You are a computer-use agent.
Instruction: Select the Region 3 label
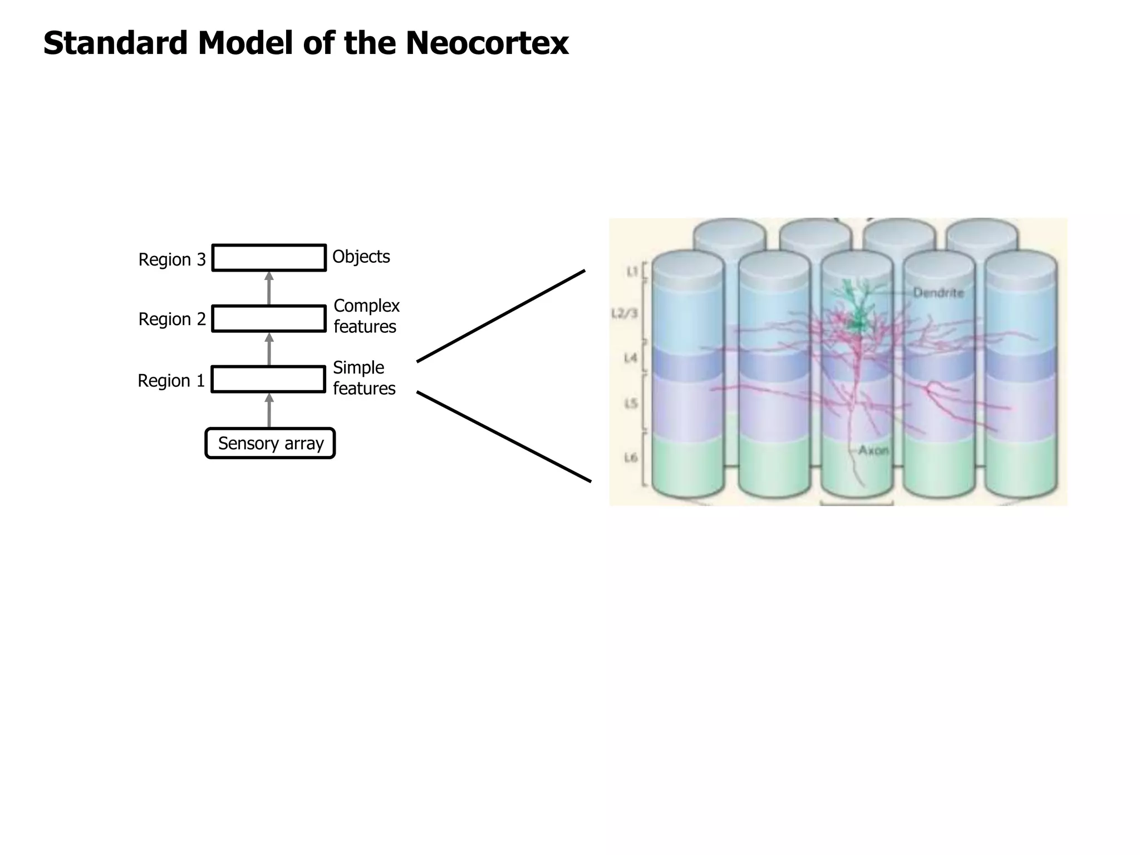click(x=172, y=259)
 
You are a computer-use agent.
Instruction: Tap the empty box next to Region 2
click(x=269, y=319)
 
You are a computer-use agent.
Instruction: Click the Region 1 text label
click(x=171, y=381)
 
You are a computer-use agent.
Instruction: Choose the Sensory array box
click(x=270, y=444)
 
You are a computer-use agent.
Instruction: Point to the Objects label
click(x=361, y=257)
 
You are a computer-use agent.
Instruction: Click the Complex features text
click(x=366, y=316)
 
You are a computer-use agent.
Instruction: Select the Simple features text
click(x=363, y=377)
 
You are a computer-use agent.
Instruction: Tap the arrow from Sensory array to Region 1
click(x=269, y=410)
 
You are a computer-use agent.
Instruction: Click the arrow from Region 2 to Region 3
click(x=269, y=288)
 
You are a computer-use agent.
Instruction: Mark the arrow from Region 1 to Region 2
click(x=269, y=349)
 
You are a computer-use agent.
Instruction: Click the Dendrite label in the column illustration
click(x=938, y=292)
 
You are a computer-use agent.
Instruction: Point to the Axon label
click(x=873, y=450)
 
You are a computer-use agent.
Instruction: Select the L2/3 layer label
click(x=624, y=313)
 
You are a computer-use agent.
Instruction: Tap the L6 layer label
click(x=630, y=458)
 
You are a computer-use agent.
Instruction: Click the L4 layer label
click(x=630, y=358)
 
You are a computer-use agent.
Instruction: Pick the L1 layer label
click(x=632, y=272)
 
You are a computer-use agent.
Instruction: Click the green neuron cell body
click(x=855, y=323)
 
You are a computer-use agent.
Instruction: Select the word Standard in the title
click(x=115, y=43)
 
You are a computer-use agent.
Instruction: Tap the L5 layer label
click(x=630, y=403)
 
